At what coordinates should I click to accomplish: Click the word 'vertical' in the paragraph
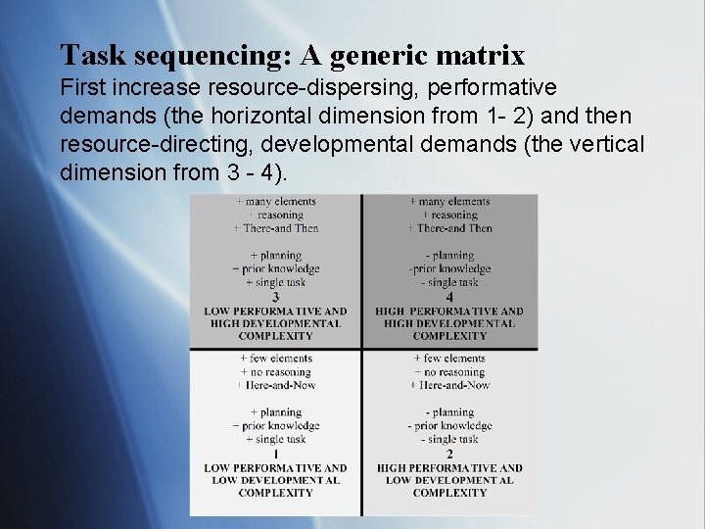pyautogui.click(x=598, y=144)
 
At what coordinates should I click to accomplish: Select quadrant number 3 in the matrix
pyautogui.click(x=275, y=297)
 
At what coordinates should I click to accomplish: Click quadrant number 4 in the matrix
pyautogui.click(x=449, y=297)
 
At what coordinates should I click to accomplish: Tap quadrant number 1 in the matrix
pyautogui.click(x=275, y=455)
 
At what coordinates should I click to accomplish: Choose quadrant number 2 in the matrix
pyautogui.click(x=449, y=455)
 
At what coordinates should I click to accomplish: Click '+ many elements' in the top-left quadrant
pyautogui.click(x=275, y=202)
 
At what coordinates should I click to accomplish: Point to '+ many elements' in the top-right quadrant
pyautogui.click(x=449, y=202)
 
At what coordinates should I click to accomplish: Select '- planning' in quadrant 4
pyautogui.click(x=449, y=256)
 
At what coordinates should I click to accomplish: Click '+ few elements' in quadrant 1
pyautogui.click(x=275, y=359)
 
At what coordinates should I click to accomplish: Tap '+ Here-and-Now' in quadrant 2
pyautogui.click(x=449, y=386)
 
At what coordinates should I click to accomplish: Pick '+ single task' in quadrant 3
pyautogui.click(x=275, y=283)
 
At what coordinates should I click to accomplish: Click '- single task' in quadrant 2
pyautogui.click(x=449, y=440)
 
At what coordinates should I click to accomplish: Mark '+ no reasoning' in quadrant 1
pyautogui.click(x=275, y=372)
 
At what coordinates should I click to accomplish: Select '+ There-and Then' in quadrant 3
pyautogui.click(x=275, y=228)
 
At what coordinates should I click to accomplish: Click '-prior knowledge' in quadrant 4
pyautogui.click(x=449, y=269)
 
